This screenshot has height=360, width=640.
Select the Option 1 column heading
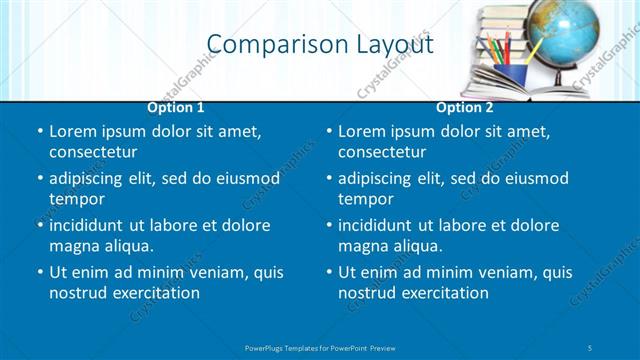176,107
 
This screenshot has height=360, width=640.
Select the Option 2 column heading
465,107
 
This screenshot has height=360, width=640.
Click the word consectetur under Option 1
93,152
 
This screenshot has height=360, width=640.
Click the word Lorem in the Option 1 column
72,131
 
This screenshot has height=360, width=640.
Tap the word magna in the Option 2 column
363,245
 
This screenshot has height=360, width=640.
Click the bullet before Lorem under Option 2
329,132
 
